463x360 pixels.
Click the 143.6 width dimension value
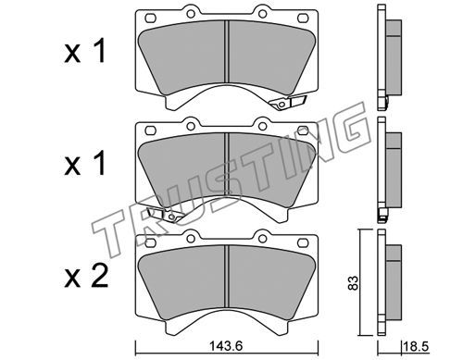point(226,346)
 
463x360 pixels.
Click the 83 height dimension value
point(354,282)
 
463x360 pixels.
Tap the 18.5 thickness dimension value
point(416,347)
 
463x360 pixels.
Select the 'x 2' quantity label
point(86,277)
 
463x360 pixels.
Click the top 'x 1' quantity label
point(85,53)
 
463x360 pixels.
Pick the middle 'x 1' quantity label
point(85,165)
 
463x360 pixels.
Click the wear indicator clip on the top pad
point(287,102)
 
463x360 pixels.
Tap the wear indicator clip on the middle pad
point(166,215)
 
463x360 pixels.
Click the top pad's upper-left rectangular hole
point(150,19)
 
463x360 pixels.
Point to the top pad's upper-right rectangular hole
point(303,19)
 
